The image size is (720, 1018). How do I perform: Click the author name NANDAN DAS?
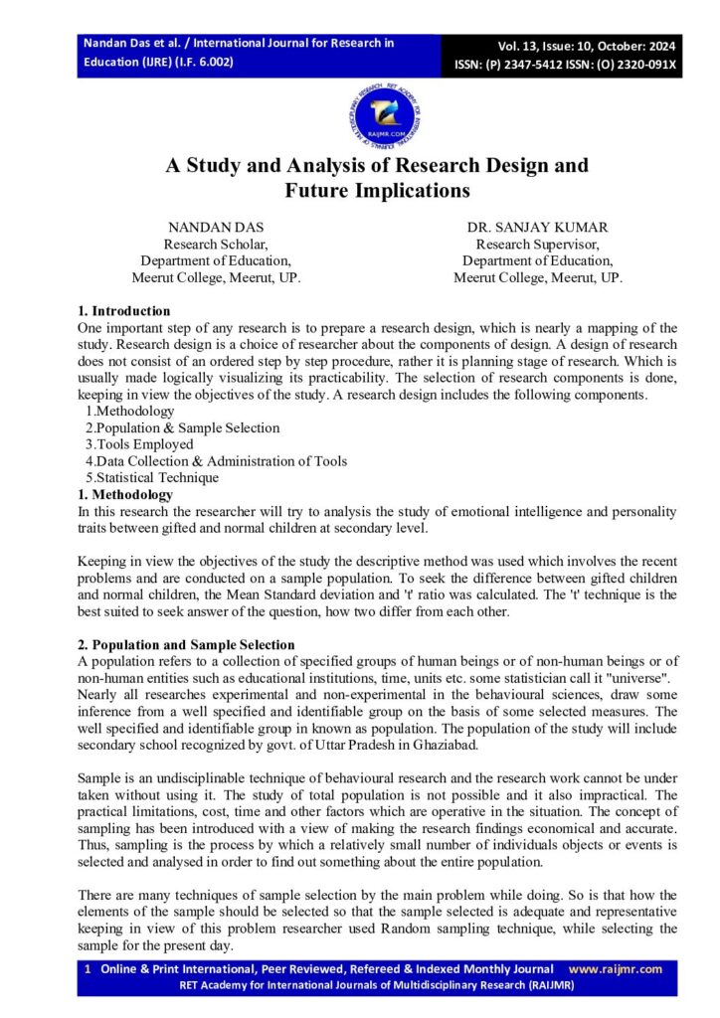coord(216,227)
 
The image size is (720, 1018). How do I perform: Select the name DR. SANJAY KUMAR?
coord(538,227)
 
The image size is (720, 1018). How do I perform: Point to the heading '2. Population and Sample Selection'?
coord(186,645)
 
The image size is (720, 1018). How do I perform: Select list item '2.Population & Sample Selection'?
coord(182,427)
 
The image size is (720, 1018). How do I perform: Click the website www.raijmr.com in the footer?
coord(615,969)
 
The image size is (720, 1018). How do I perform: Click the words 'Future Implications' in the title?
coord(377,190)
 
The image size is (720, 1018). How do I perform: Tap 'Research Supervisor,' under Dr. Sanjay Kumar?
coord(538,244)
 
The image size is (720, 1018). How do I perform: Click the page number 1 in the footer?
coord(88,969)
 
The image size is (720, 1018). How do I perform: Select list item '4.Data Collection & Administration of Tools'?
coord(216,460)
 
